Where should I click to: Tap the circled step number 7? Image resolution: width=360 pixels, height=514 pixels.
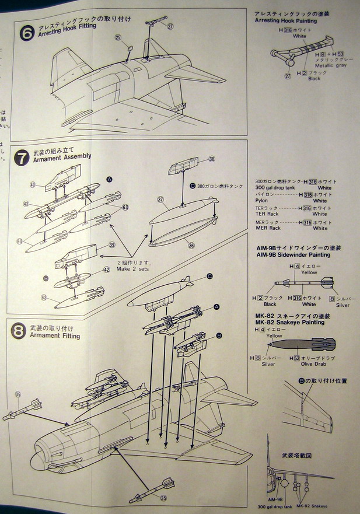click(22, 158)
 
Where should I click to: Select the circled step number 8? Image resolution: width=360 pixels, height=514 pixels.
click(19, 331)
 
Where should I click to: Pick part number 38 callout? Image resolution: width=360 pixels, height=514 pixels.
click(211, 159)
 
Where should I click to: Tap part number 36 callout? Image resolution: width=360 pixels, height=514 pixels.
click(207, 246)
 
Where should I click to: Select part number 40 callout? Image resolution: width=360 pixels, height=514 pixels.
click(33, 185)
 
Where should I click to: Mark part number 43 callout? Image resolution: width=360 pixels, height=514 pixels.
click(27, 204)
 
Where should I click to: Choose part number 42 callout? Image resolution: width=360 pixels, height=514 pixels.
click(106, 270)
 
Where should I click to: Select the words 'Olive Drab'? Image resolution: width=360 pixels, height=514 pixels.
click(313, 364)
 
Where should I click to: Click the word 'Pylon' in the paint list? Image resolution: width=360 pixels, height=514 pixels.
click(263, 201)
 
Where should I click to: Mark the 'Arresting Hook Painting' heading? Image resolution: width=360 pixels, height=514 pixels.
click(286, 20)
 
